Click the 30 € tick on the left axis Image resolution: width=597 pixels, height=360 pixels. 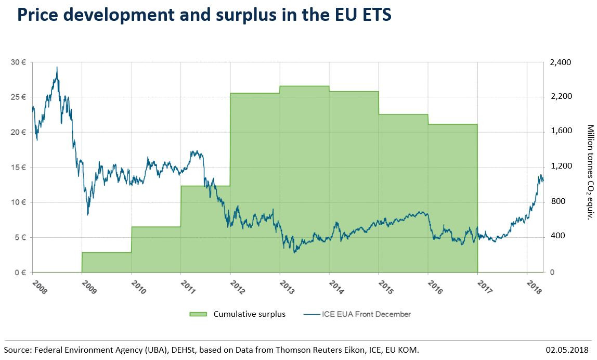19,62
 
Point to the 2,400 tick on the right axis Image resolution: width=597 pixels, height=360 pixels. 560,62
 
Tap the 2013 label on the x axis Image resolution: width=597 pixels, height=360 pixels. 287,287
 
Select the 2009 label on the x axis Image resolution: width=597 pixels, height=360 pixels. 89,287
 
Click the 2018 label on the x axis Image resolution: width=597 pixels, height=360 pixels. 534,287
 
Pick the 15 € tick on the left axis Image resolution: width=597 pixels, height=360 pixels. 19,168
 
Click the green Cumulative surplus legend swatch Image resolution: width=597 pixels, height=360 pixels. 199,314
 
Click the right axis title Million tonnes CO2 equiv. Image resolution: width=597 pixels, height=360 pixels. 590,172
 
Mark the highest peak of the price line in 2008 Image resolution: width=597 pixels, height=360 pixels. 57,67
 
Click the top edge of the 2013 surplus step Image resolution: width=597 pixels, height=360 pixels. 304,86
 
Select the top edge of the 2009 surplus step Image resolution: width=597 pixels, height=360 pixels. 107,252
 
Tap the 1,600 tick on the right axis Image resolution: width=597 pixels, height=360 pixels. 560,131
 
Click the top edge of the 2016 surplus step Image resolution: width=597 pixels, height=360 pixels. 452,124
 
